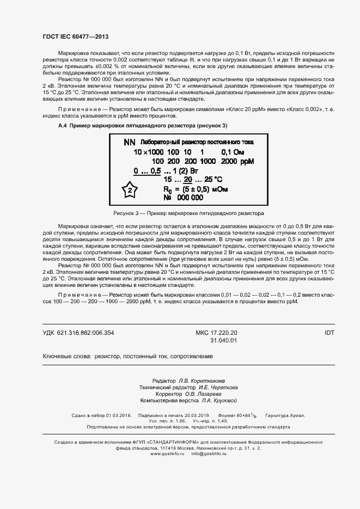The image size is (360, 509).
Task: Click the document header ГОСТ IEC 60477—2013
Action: (x=75, y=36)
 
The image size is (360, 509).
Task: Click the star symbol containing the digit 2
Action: (x=130, y=190)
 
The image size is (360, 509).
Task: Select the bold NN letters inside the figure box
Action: (x=129, y=142)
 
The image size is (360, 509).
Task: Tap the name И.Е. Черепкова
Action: (x=214, y=387)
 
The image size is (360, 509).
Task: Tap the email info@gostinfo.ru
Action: (x=209, y=453)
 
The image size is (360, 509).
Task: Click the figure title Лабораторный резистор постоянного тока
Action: (x=197, y=142)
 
